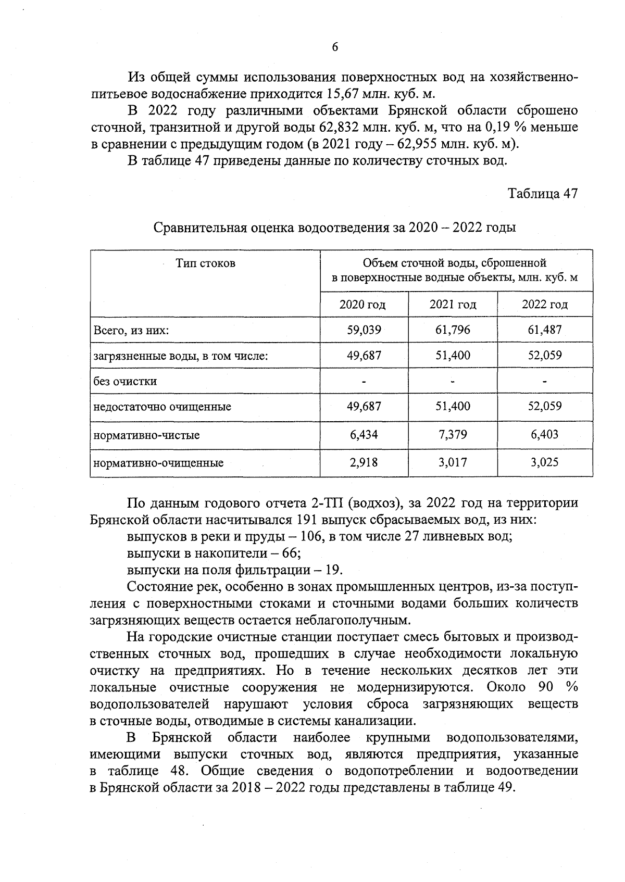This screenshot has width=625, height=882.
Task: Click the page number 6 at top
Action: [335, 47]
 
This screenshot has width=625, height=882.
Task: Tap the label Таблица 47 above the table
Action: [543, 194]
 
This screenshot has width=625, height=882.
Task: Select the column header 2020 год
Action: [362, 305]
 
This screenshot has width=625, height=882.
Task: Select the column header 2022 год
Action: [544, 305]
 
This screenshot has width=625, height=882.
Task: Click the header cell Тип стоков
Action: [205, 263]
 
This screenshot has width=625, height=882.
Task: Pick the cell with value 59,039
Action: [364, 330]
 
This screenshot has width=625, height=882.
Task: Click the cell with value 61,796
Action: [453, 330]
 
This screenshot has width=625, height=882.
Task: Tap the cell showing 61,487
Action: [545, 330]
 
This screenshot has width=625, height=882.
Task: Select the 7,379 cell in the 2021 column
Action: [453, 435]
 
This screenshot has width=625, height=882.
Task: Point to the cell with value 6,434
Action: [364, 435]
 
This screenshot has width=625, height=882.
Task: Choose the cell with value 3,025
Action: [545, 462]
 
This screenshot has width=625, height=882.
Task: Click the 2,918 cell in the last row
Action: [364, 462]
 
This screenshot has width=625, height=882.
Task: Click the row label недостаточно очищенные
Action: [162, 407]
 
